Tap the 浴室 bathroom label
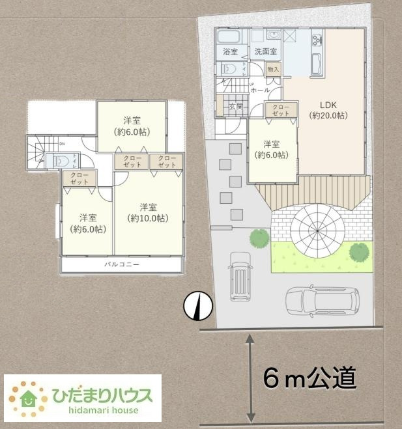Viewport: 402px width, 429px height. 230,51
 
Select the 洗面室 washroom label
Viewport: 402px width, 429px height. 265,51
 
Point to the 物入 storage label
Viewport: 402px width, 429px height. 274,69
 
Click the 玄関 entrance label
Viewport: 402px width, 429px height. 235,106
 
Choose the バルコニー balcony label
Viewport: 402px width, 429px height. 122,265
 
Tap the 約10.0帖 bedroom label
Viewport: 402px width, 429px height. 148,213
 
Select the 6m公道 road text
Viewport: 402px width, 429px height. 309,378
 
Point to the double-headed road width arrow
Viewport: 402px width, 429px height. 250,378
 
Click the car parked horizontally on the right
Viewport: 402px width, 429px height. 322,300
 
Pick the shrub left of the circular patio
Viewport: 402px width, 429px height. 259,238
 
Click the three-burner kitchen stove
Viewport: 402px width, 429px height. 317,40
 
